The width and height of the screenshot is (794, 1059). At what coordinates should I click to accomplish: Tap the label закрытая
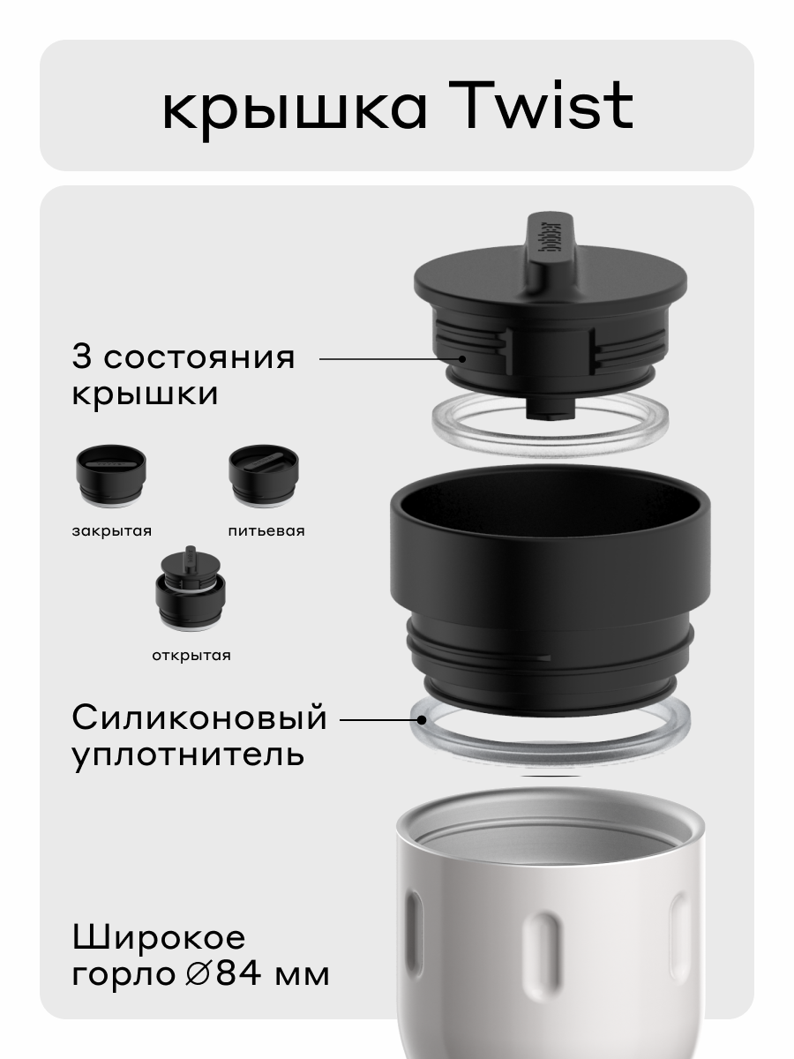112,530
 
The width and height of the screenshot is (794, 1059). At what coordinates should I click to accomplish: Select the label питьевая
266,530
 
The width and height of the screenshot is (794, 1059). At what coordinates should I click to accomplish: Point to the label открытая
190,655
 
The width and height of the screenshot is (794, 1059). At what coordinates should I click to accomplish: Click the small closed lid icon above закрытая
109,477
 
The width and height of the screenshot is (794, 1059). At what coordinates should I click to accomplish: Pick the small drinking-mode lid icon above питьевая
264,477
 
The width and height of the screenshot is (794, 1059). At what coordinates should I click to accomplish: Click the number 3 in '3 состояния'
82,357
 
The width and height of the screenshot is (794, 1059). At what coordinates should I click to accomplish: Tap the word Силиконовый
199,718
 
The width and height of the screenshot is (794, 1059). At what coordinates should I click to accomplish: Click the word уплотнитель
188,755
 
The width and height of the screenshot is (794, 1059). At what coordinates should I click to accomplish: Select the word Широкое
159,937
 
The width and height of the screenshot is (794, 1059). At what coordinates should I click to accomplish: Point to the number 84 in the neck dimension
239,974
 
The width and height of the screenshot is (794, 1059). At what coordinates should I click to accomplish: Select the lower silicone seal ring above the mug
550,737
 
